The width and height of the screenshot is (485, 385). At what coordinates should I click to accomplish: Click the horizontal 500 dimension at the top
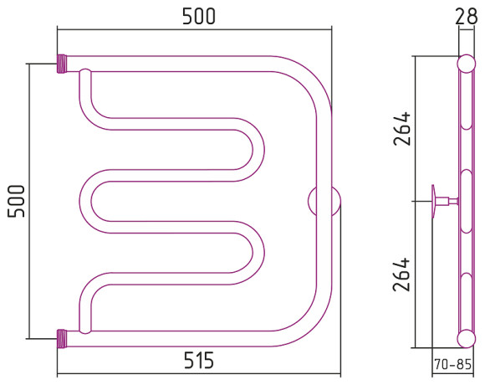198,17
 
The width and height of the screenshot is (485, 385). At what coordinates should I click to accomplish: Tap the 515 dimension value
199,360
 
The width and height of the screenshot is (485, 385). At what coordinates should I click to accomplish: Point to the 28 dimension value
466,17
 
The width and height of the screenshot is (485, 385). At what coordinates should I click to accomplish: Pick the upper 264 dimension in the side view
402,128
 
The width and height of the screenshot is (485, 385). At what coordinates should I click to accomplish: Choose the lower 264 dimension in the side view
402,275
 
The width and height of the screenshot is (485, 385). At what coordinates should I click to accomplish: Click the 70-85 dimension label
452,364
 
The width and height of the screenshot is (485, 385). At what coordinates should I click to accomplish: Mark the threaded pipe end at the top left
62,64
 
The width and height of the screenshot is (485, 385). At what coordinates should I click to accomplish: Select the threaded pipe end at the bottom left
62,339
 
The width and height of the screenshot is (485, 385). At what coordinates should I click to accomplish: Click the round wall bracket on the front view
324,201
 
